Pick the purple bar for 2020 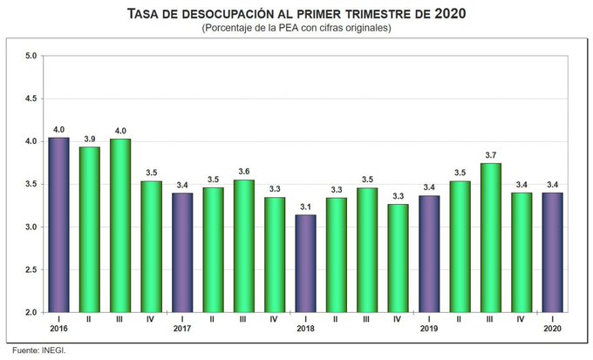pyautogui.click(x=553, y=252)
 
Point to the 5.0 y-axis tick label pyautogui.click(x=31, y=56)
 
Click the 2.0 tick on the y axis pyautogui.click(x=31, y=313)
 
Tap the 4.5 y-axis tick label pyautogui.click(x=31, y=98)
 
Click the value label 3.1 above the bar pyautogui.click(x=306, y=206)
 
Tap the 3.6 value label pyautogui.click(x=244, y=171)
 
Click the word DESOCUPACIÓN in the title pyautogui.click(x=221, y=14)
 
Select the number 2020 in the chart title pyautogui.click(x=447, y=14)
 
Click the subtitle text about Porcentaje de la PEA pyautogui.click(x=296, y=29)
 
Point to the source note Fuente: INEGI pyautogui.click(x=34, y=350)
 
